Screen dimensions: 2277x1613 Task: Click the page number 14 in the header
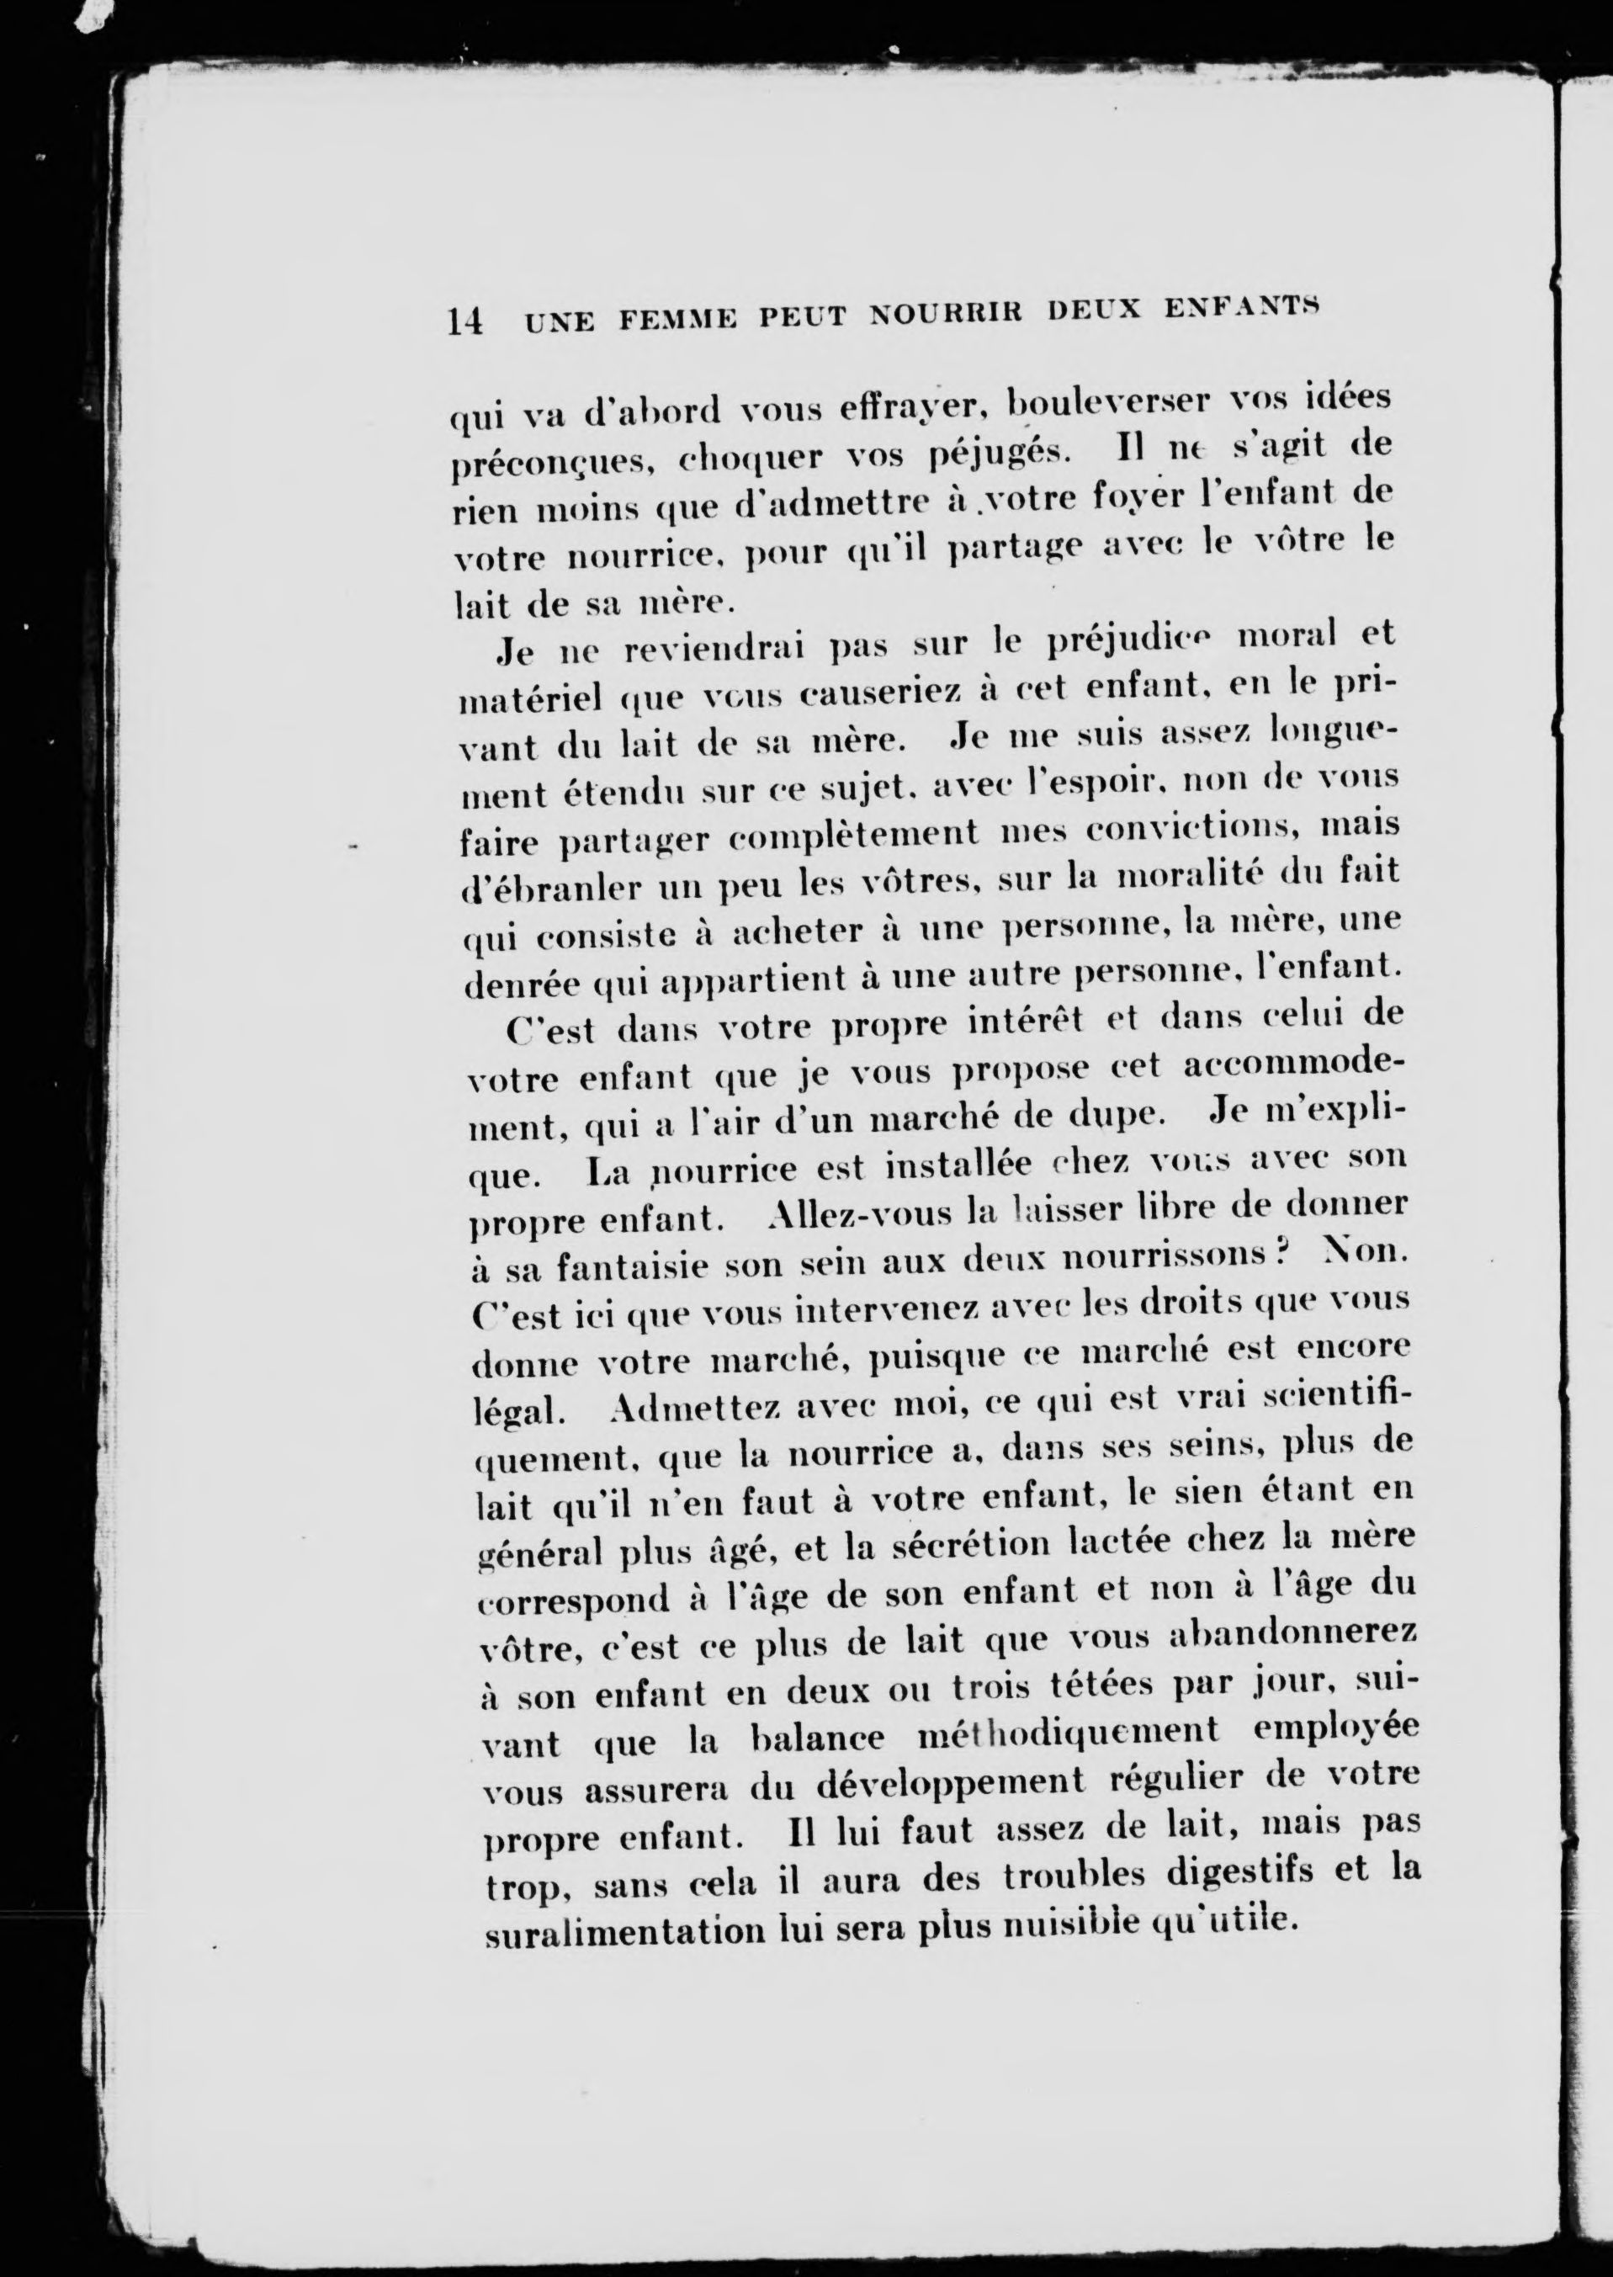pos(464,321)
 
